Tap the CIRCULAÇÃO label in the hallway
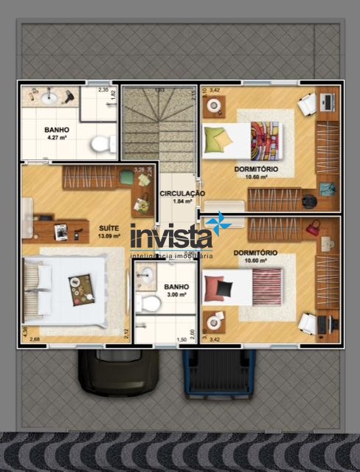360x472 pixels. pyautogui.click(x=181, y=193)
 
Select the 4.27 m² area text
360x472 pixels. pyautogui.click(x=58, y=137)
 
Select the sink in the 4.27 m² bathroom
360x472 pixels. pyautogui.click(x=49, y=97)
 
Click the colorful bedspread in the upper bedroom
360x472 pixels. pyautogui.click(x=264, y=139)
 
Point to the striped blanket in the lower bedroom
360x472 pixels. pyautogui.click(x=266, y=286)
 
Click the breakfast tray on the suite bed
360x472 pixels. pyautogui.click(x=81, y=288)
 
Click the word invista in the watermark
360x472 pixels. pyautogui.click(x=170, y=237)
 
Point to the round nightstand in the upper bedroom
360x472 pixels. pyautogui.click(x=215, y=107)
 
